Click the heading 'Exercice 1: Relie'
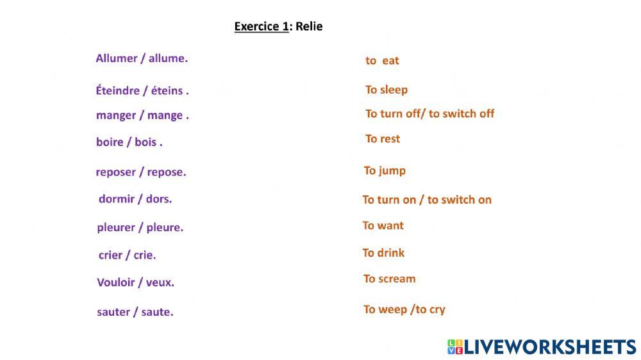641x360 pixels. (278, 26)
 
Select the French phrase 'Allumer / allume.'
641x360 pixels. (142, 58)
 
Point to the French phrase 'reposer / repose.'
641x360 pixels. (141, 172)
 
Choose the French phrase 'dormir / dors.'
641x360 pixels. (135, 199)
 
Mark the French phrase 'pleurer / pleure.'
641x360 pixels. (140, 227)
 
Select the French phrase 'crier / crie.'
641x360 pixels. (127, 255)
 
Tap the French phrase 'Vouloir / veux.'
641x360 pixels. (136, 282)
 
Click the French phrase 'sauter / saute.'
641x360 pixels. (135, 312)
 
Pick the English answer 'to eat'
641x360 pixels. (382, 60)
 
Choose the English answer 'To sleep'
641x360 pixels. (387, 90)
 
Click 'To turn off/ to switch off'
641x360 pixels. (429, 113)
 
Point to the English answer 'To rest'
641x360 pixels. (383, 139)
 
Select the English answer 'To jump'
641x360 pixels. (385, 171)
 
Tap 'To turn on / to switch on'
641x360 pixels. (427, 199)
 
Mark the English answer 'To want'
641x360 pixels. (383, 225)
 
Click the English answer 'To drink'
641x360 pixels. (383, 253)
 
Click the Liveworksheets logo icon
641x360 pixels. (455, 347)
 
